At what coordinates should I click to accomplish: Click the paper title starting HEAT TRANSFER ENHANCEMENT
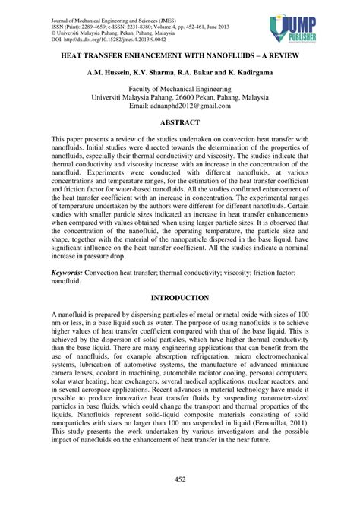coord(179,56)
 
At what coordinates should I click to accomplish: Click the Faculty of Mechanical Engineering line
coord(179,89)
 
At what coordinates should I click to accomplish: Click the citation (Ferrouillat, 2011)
coord(270,427)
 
